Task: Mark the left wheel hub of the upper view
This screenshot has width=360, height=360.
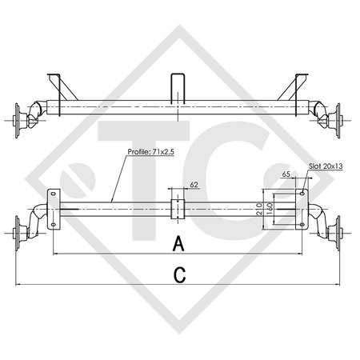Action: click(21, 119)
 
